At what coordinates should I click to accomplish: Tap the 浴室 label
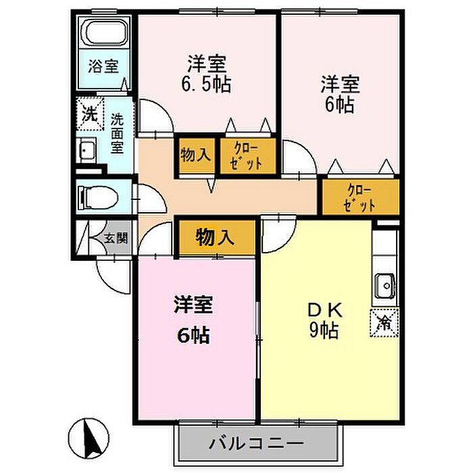point(103,66)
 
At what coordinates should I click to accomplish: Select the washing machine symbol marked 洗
point(90,114)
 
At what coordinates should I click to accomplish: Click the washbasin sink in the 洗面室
point(86,150)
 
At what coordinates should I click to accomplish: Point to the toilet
point(97,197)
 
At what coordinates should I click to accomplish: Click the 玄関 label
point(116,239)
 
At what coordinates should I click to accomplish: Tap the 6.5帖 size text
point(207,84)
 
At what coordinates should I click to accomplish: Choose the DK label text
point(325,310)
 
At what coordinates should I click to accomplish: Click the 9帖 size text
point(324,330)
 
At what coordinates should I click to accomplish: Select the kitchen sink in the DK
point(385,285)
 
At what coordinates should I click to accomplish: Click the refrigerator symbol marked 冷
point(384,323)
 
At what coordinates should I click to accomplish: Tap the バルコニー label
point(256,443)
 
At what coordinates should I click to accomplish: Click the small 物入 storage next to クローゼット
point(195,155)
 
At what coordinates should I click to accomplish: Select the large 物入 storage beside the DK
point(215,236)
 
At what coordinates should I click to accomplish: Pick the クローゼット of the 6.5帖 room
point(248,155)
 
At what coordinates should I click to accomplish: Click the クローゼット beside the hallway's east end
point(361,197)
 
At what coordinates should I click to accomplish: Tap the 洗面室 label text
point(117,133)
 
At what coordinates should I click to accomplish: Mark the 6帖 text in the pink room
point(193,336)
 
